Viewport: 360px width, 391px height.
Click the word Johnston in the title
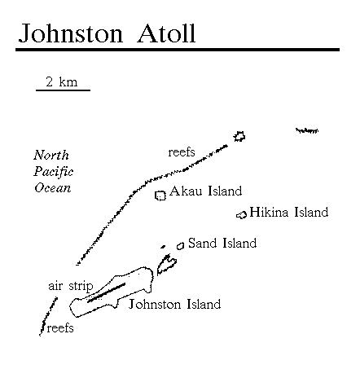[71, 33]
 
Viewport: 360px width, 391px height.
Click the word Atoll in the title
[166, 33]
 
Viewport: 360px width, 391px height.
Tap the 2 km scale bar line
[63, 90]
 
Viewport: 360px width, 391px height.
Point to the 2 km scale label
[62, 81]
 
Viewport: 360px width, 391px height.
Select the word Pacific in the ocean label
[54, 172]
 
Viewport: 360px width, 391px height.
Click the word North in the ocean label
[51, 155]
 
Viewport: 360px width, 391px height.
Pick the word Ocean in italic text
[53, 188]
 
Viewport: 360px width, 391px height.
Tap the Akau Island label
[205, 191]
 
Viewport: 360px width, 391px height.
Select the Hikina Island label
[289, 212]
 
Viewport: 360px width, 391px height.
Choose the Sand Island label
[222, 243]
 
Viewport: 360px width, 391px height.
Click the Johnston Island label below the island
[174, 305]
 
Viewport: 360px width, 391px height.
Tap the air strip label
[71, 286]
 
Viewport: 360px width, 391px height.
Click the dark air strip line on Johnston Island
[106, 292]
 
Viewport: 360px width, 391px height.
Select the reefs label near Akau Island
[182, 152]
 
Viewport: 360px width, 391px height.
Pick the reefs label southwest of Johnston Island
[60, 328]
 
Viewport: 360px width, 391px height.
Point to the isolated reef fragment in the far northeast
[307, 131]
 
